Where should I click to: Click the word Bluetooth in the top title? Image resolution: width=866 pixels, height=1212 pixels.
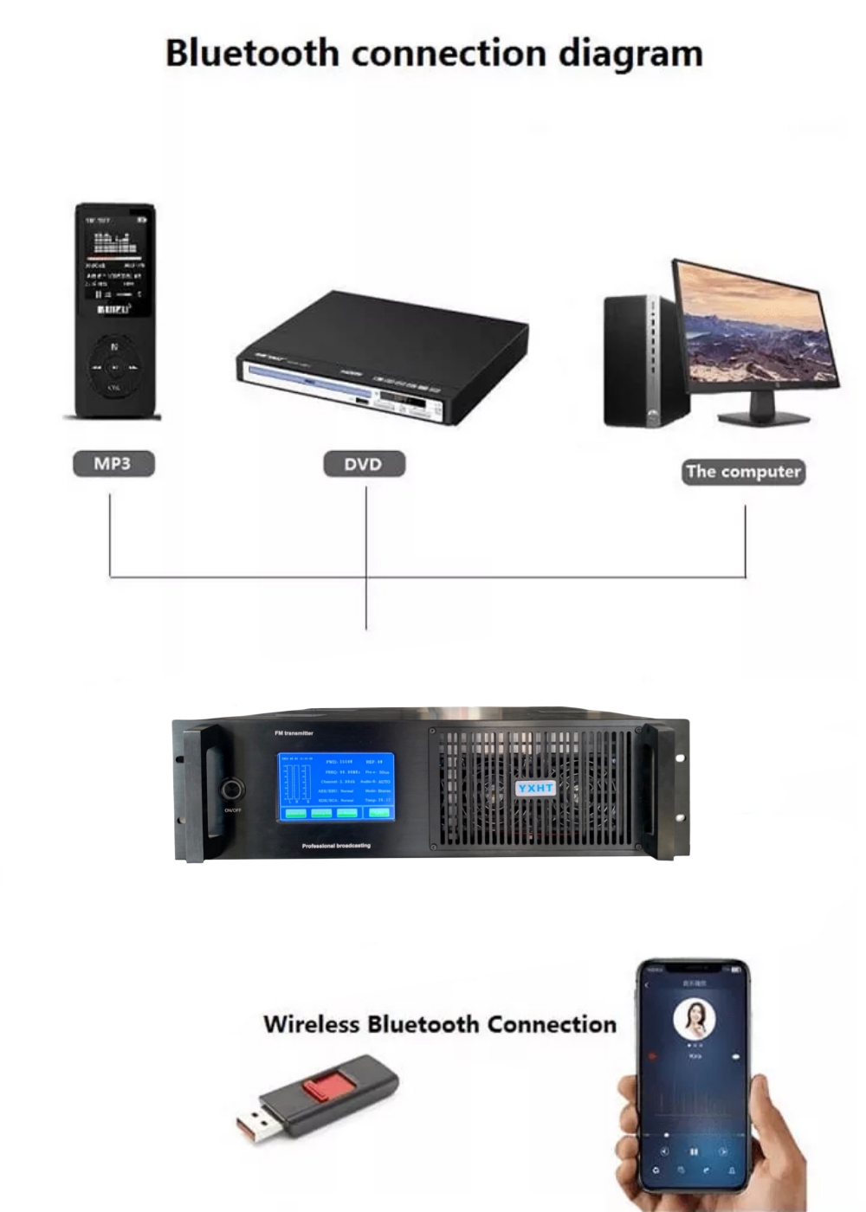pyautogui.click(x=251, y=53)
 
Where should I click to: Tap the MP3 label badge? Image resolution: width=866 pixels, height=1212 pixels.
pyautogui.click(x=113, y=464)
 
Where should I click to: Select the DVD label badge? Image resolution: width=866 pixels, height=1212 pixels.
pyautogui.click(x=364, y=464)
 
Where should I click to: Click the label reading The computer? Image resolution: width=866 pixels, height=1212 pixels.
pyautogui.click(x=743, y=472)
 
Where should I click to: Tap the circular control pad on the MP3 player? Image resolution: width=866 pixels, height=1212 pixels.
pyautogui.click(x=114, y=368)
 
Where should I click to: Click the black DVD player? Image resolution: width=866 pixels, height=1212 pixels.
pyautogui.click(x=381, y=359)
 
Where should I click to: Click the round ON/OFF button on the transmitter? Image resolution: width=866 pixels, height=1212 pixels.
pyautogui.click(x=232, y=790)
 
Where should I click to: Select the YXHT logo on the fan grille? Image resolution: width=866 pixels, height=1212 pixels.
pyautogui.click(x=535, y=788)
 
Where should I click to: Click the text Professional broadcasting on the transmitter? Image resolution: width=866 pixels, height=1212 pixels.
pyautogui.click(x=336, y=846)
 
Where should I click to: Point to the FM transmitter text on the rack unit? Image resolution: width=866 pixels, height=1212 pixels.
pyautogui.click(x=294, y=733)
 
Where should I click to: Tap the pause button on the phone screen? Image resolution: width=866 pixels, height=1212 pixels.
pyautogui.click(x=694, y=1151)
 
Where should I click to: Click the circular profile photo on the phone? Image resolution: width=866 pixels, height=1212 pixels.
pyautogui.click(x=694, y=1020)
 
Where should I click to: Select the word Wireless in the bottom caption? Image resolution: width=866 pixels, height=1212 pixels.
pyautogui.click(x=311, y=1024)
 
